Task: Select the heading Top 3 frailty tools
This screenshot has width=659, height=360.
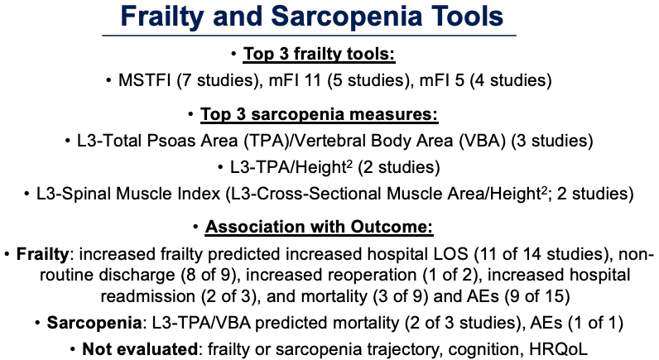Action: coord(319,54)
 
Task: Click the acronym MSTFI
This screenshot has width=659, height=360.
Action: coord(145,79)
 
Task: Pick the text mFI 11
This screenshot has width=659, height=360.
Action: coord(295,79)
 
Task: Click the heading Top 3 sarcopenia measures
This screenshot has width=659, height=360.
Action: coord(319,114)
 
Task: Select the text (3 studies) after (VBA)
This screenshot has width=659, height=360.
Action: coord(552,141)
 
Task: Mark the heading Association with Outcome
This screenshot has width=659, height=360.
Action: coord(319,227)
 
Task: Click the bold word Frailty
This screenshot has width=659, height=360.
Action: coord(42,254)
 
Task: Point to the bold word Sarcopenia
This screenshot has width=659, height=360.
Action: coord(94,323)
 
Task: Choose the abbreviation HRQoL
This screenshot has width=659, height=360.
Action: coord(559,349)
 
